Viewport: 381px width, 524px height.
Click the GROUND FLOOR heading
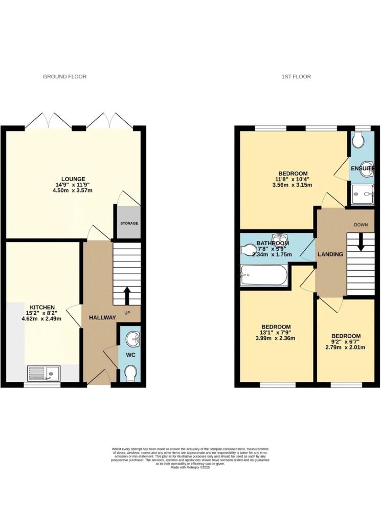coord(64,77)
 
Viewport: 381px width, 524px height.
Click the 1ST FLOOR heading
coord(296,77)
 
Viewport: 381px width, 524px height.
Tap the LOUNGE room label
coord(73,179)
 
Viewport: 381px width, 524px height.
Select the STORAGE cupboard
coord(128,222)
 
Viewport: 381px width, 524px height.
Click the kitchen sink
coord(43,373)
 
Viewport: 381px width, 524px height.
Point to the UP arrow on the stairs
coord(127,295)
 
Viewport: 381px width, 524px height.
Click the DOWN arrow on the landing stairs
coord(361,242)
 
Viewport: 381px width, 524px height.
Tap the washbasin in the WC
coord(133,339)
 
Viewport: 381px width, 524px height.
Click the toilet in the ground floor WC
coord(130,373)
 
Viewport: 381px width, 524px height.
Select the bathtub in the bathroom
coord(264,275)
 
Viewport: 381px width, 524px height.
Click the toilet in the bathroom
coord(249,250)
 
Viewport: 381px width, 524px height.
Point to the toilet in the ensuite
coord(358,140)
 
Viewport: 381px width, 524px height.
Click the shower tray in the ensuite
coord(362,194)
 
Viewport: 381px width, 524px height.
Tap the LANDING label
coord(330,254)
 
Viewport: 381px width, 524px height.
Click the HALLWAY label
coord(102,317)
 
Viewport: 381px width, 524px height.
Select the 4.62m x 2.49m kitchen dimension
coord(42,319)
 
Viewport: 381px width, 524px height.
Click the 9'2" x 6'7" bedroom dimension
coord(346,342)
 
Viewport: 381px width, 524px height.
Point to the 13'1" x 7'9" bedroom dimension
coord(276,332)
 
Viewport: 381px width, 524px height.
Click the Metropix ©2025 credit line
coord(190,468)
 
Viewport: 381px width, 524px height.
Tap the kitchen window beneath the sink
coord(42,385)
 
